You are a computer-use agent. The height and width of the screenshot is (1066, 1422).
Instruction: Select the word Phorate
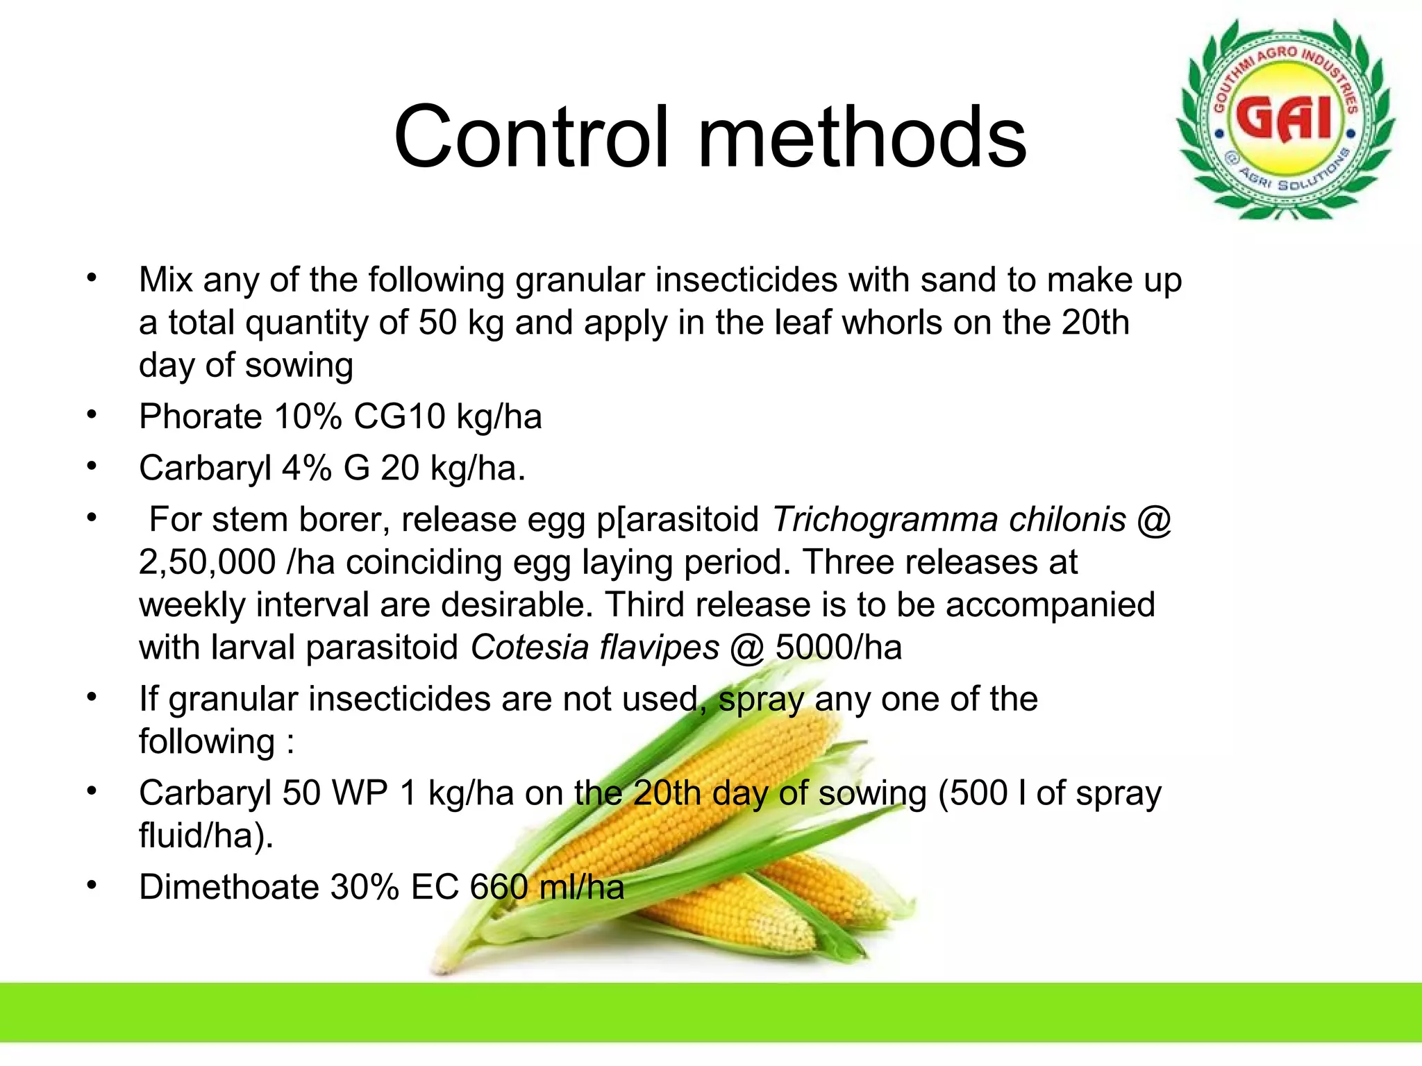[200, 417]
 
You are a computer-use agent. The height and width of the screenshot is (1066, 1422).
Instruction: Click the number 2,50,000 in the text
[207, 562]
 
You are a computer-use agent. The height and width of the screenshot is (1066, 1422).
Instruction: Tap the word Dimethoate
[228, 887]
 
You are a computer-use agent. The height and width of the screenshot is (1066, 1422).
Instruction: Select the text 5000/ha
[838, 648]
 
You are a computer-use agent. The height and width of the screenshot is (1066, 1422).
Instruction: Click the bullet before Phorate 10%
[92, 415]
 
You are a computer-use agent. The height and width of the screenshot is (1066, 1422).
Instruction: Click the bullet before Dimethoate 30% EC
[92, 886]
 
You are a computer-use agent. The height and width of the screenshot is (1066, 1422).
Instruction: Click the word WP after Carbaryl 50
[360, 793]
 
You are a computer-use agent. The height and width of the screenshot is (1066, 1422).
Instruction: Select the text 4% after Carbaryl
[306, 468]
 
